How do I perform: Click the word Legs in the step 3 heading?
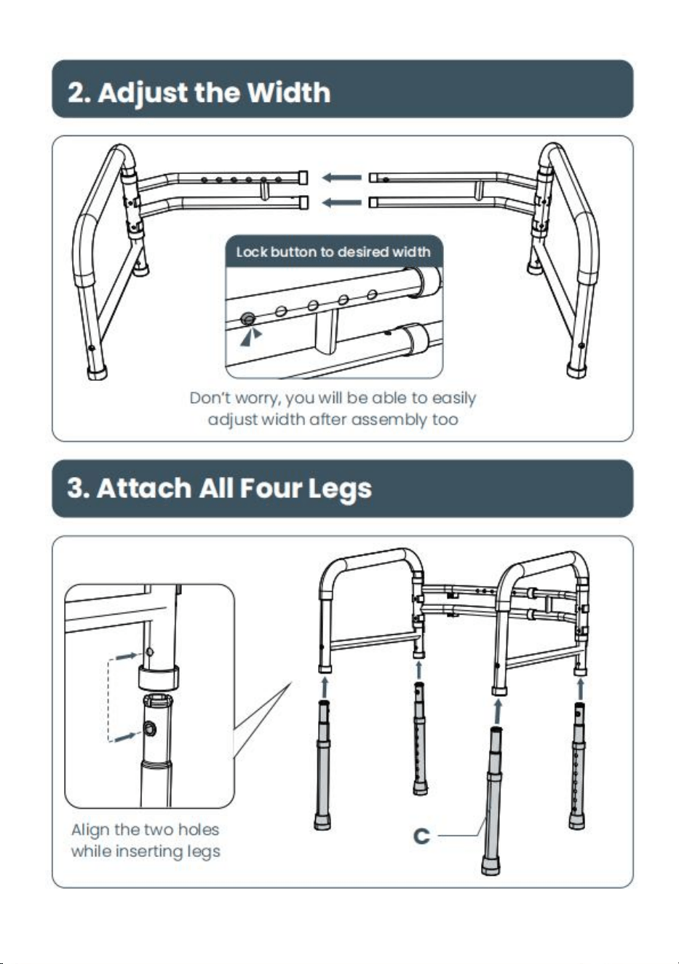[339, 489]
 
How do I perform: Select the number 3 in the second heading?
[75, 488]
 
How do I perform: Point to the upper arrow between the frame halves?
[341, 178]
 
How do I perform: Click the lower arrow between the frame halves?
[341, 202]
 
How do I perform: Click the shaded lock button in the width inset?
[248, 320]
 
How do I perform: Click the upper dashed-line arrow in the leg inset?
[127, 656]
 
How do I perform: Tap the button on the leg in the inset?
[149, 729]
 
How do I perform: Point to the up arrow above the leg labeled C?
[498, 711]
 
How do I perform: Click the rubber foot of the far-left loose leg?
[322, 821]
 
